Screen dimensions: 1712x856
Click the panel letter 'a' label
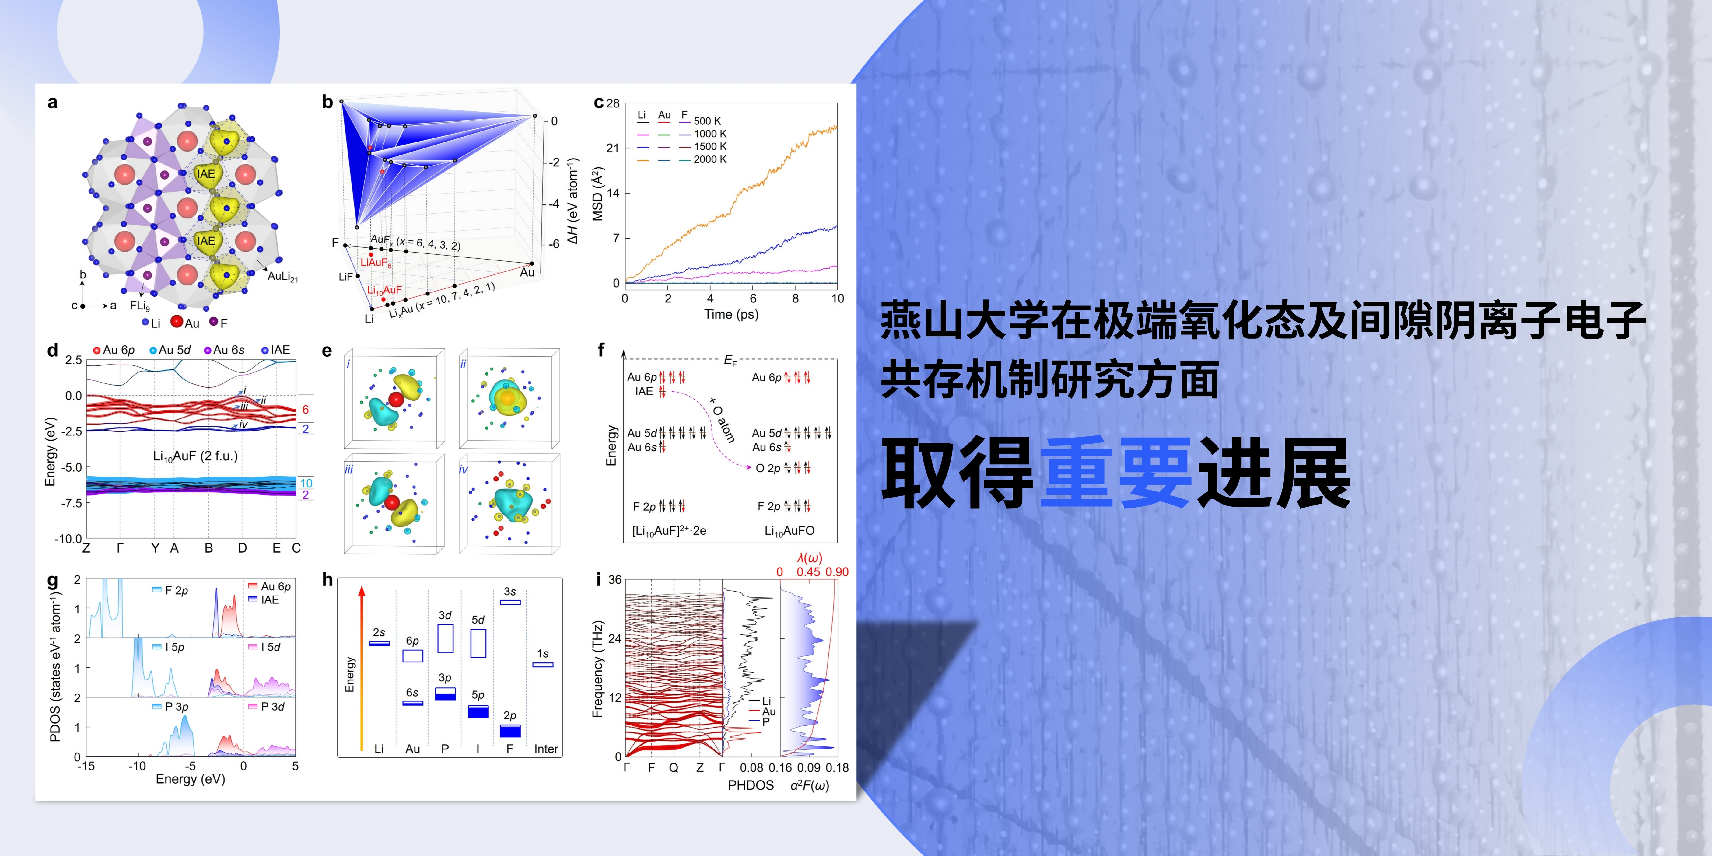(53, 102)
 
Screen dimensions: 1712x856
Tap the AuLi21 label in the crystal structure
(282, 277)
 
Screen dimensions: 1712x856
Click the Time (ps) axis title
(731, 314)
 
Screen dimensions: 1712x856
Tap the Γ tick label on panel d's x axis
(120, 548)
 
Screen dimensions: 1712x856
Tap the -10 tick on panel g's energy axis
(137, 766)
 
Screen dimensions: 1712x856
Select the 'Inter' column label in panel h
(546, 749)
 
